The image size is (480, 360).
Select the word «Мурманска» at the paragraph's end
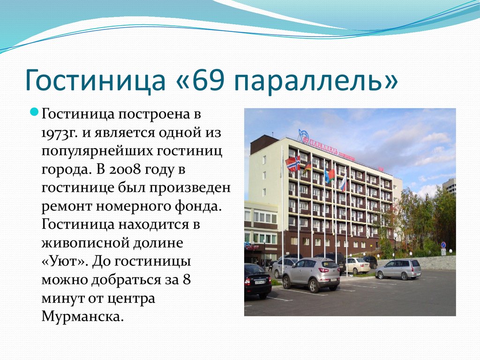click(x=82, y=316)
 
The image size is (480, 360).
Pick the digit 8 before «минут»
click(x=187, y=279)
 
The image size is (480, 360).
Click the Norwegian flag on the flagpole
click(x=292, y=164)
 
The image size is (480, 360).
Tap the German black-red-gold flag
click(x=307, y=167)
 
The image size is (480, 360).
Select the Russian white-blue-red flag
click(x=344, y=182)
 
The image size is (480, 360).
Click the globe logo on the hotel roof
click(x=304, y=136)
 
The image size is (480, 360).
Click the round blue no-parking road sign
click(x=443, y=245)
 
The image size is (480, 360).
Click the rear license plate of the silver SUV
click(x=333, y=279)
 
